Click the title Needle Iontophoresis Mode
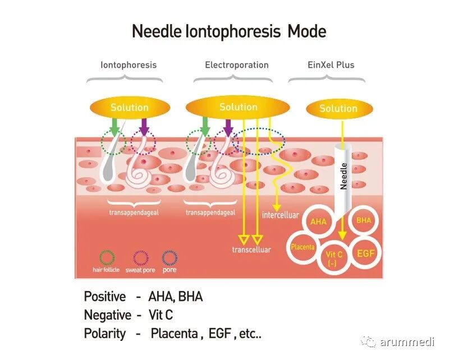click(228, 31)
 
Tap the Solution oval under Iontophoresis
click(129, 108)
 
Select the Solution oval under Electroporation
click(238, 107)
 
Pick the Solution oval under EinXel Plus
click(338, 109)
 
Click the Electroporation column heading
click(236, 65)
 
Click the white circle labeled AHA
click(318, 222)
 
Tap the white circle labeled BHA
click(364, 221)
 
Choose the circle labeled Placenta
click(303, 247)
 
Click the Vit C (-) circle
click(335, 260)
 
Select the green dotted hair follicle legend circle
click(107, 257)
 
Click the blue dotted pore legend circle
click(169, 257)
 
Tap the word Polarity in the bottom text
click(104, 333)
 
